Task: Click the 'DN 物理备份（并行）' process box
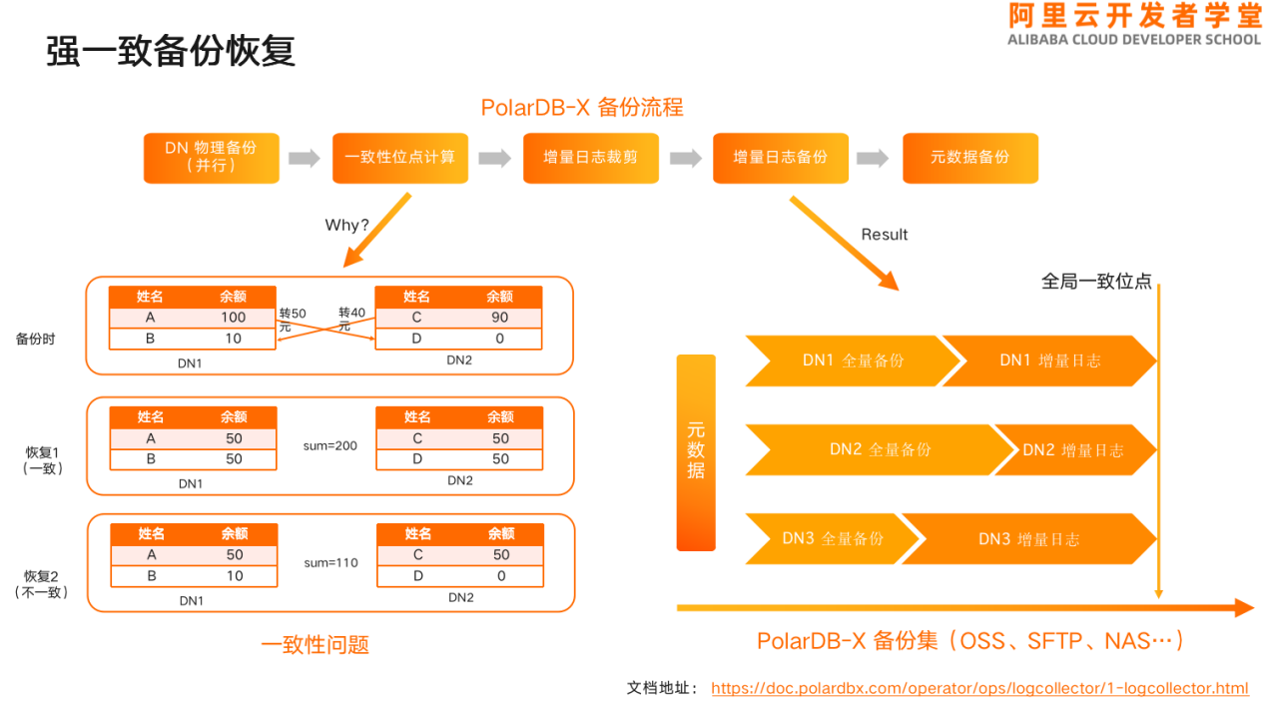(212, 158)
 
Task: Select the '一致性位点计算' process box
(399, 158)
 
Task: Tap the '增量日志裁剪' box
(591, 158)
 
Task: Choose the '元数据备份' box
(970, 158)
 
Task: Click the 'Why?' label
(346, 225)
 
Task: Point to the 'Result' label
(885, 235)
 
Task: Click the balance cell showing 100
(234, 318)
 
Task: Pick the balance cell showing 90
(500, 318)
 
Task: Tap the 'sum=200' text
(330, 445)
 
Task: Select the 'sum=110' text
(330, 562)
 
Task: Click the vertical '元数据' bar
(696, 452)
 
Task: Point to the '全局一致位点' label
(1096, 282)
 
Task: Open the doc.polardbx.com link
(979, 688)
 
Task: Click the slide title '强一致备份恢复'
(171, 51)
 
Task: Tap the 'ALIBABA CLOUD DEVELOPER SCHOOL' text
(1134, 40)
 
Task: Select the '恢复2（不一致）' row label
(41, 584)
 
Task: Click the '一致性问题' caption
(316, 645)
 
